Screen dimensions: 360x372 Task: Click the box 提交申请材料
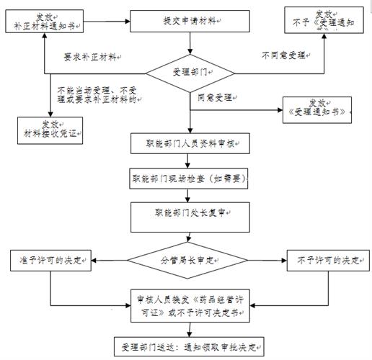tap(189, 22)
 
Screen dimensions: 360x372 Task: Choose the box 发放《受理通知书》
tap(318, 110)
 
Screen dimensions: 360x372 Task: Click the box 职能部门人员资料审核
tap(189, 143)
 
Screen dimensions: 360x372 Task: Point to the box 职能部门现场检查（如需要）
tap(189, 177)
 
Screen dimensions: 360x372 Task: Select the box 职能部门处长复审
tap(189, 214)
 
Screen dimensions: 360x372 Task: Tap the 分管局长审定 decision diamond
tap(189, 259)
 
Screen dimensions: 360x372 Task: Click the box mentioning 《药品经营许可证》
tap(189, 306)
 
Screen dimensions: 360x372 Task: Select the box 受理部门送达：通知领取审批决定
tap(189, 343)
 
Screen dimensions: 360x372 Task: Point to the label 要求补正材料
tap(90, 56)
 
